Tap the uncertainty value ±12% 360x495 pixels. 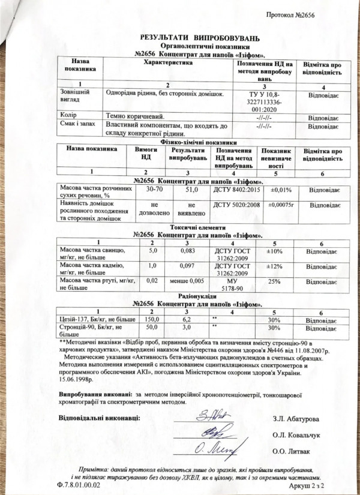[273, 266]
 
